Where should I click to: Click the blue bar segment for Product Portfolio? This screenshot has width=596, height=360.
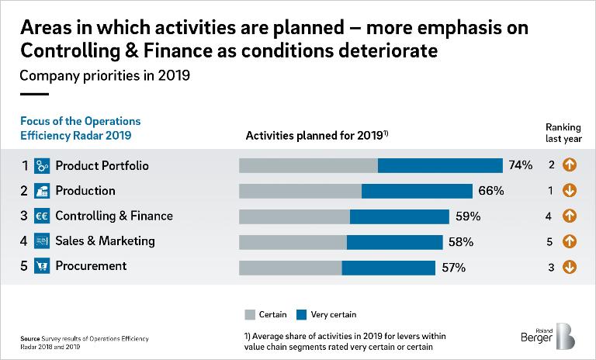click(440, 165)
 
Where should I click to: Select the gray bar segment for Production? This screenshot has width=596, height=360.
click(300, 191)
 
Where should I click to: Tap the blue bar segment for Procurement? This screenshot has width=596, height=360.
click(388, 268)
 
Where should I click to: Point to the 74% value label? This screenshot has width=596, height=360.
click(521, 165)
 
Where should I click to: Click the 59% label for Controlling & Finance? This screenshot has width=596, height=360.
click(468, 216)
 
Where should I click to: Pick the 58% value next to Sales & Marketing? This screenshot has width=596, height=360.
click(461, 242)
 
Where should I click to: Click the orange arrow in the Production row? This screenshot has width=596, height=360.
click(570, 190)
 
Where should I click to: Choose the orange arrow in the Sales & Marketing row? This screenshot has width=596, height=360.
click(570, 241)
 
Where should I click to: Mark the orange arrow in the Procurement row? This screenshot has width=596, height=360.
click(570, 267)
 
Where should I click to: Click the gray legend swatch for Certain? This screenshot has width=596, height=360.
click(250, 314)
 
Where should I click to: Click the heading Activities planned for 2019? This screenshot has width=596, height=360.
click(317, 135)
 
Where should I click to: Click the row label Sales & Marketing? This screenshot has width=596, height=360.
click(105, 241)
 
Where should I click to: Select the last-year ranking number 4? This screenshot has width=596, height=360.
click(549, 216)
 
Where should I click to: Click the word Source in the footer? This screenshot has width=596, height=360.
click(31, 339)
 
